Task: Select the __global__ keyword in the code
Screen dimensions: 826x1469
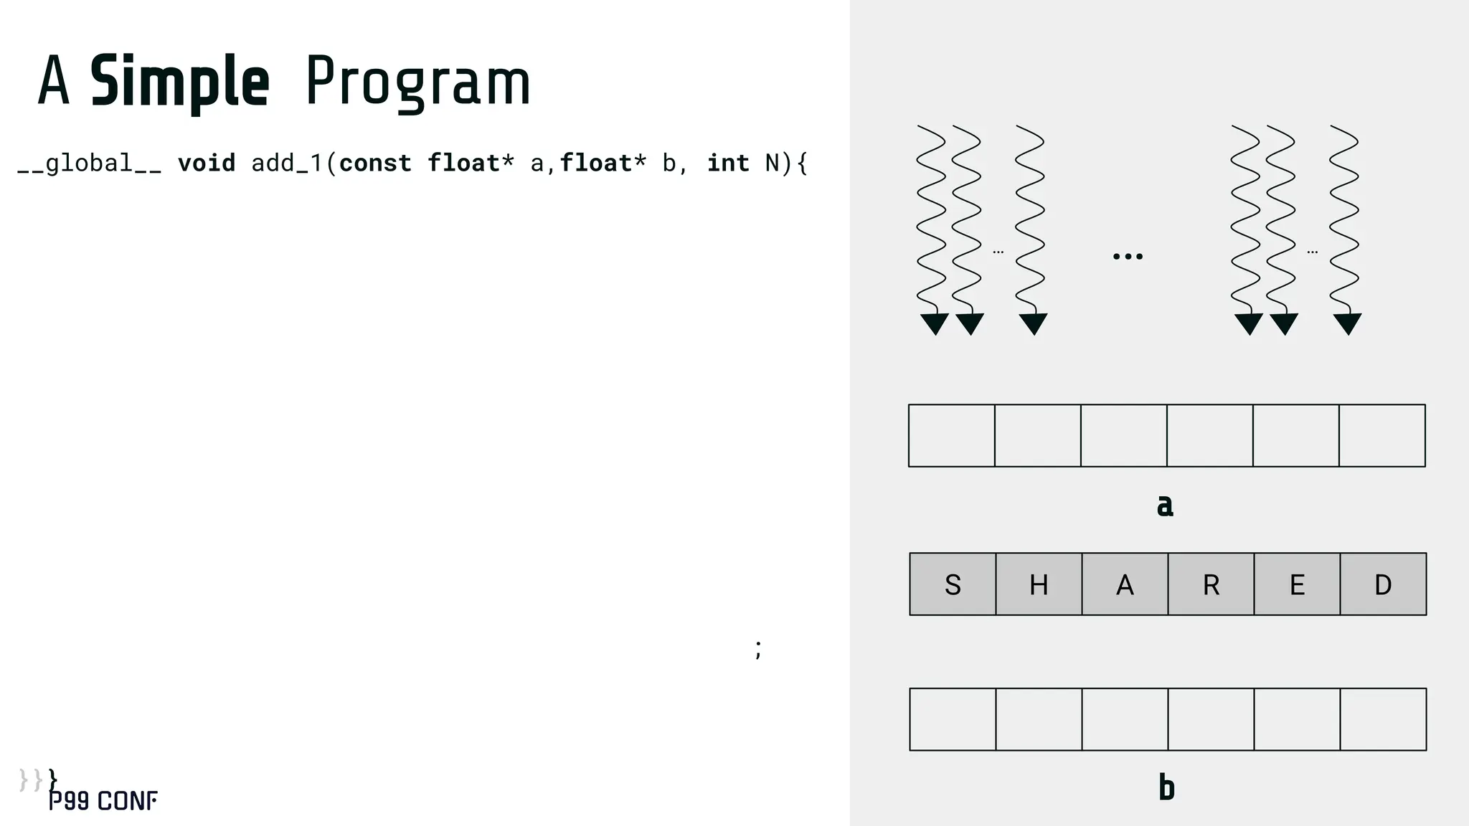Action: pos(89,163)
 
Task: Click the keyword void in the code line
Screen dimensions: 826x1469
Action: pos(207,163)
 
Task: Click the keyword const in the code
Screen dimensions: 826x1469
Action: pos(375,163)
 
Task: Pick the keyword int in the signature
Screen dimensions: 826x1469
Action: pos(728,163)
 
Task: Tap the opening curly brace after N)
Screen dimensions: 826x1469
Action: pos(803,163)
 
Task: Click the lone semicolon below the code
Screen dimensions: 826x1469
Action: pos(758,649)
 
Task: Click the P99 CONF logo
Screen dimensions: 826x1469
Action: pos(103,801)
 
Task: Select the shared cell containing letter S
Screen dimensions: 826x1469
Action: pos(953,584)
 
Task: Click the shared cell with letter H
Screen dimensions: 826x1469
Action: pos(1039,584)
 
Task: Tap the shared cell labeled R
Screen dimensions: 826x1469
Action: pos(1211,584)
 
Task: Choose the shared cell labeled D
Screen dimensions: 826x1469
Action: pos(1383,584)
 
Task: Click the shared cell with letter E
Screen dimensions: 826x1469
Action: pos(1297,584)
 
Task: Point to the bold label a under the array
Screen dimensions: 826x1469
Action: pos(1165,505)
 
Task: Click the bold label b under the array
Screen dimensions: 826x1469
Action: pos(1166,787)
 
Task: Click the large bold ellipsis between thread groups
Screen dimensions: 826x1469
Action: pos(1128,256)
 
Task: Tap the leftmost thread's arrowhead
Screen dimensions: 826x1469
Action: pos(935,323)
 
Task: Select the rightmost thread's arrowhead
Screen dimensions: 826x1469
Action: pos(1347,323)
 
